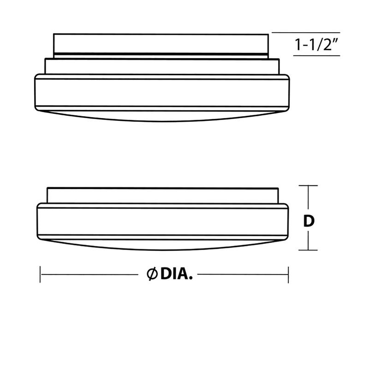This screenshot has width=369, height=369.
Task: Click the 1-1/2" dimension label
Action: click(x=317, y=45)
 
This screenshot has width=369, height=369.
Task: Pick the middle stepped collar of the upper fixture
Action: click(x=161, y=66)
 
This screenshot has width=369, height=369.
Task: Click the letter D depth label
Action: click(x=309, y=221)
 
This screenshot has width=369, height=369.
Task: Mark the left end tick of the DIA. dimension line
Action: click(x=41, y=274)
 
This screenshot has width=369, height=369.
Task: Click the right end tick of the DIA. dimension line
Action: click(x=288, y=274)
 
